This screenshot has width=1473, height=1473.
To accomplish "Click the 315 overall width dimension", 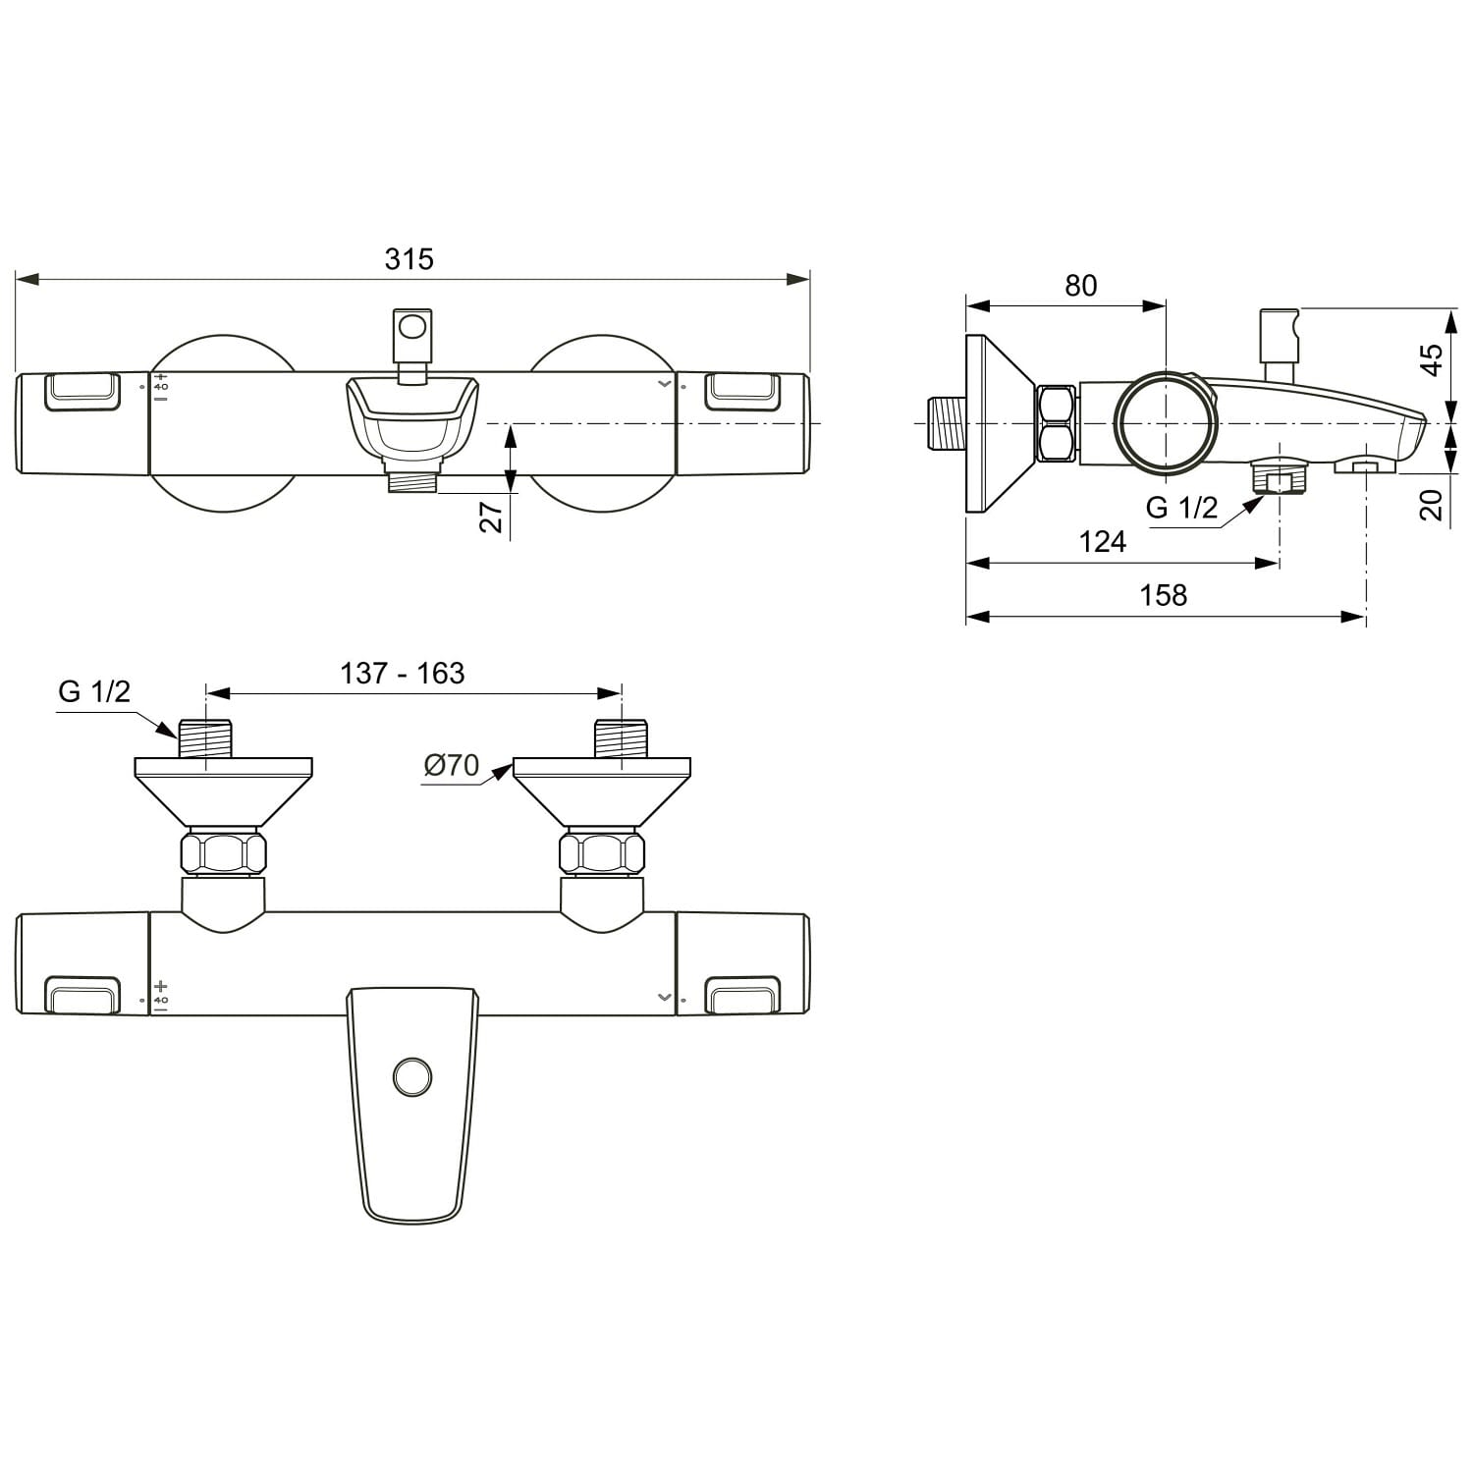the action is click(x=409, y=259).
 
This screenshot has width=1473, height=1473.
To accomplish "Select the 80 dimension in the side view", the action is click(x=1080, y=286).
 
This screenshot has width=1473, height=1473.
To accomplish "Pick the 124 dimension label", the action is click(x=1102, y=541).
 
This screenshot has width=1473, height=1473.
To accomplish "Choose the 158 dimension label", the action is click(x=1163, y=595).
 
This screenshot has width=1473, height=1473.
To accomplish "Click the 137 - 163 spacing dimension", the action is click(x=403, y=674).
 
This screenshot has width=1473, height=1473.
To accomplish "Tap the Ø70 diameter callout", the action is click(x=452, y=764).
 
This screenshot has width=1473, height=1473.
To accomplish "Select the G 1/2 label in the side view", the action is click(x=1182, y=508).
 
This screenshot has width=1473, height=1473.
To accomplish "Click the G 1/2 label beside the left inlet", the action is click(x=94, y=691).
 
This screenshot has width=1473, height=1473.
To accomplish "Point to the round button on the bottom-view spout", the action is click(x=412, y=1076).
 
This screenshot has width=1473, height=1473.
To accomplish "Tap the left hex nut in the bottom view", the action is click(x=224, y=853).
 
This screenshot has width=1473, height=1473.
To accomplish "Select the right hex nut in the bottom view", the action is click(x=602, y=853).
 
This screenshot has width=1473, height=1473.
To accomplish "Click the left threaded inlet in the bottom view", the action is click(x=205, y=737).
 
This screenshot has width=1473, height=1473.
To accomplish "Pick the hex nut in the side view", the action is click(x=1057, y=423).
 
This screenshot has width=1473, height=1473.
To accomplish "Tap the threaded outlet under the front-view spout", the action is click(x=412, y=480).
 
